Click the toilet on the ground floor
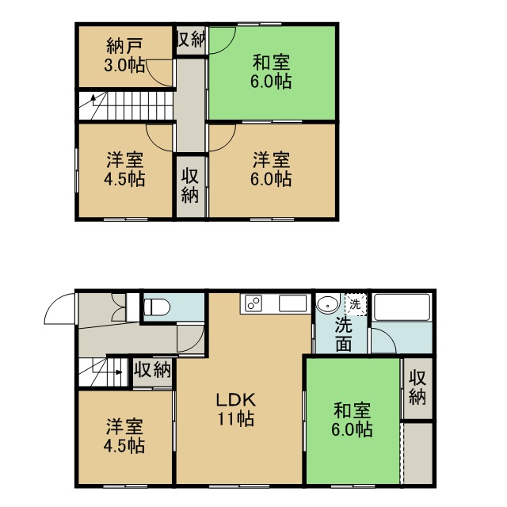(157, 307)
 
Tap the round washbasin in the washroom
(328, 304)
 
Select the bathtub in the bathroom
(402, 307)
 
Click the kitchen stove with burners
(253, 303)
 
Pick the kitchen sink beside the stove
(292, 303)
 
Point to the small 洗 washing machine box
(356, 304)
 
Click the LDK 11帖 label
(236, 410)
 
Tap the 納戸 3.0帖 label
(124, 56)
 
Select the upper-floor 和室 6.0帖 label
(271, 72)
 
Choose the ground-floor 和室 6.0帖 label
(352, 420)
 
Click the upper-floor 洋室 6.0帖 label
(271, 170)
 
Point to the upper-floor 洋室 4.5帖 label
(124, 170)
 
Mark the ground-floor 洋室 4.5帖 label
(124, 436)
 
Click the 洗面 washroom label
(343, 334)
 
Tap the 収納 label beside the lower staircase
(152, 370)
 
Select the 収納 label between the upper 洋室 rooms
(190, 185)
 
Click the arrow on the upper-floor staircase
(93, 101)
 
